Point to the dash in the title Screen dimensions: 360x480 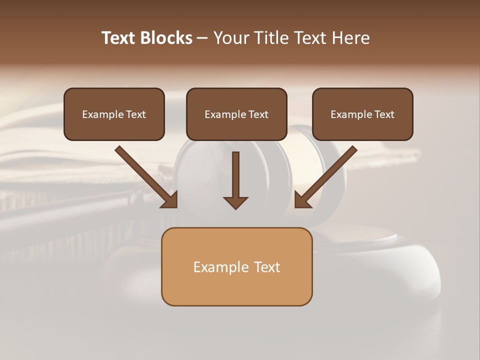click(x=202, y=38)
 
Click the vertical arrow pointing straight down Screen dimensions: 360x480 click(x=235, y=175)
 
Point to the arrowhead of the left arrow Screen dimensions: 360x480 click(x=170, y=199)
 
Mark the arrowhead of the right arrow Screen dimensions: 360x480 click(x=302, y=199)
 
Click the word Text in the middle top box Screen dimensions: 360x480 click(x=258, y=114)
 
